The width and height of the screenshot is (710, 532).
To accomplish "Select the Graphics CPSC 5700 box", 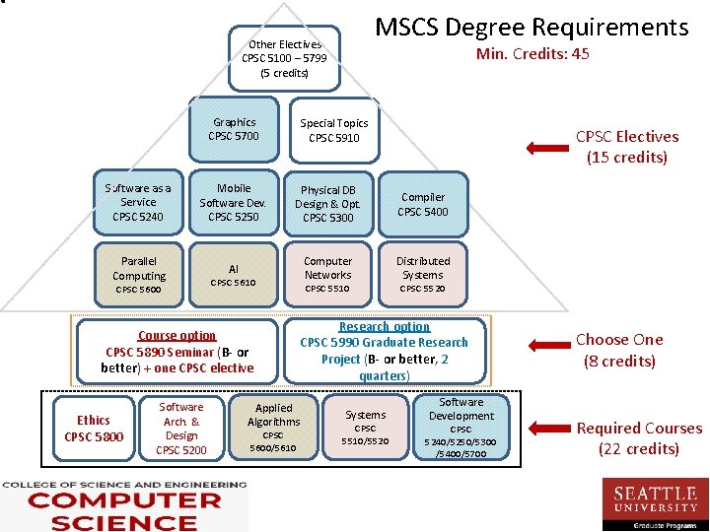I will [235, 130].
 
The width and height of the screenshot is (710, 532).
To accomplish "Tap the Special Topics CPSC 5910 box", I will [334, 131].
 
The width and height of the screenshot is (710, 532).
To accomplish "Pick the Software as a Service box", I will [138, 202].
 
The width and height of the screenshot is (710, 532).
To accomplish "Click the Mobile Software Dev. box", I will [234, 202].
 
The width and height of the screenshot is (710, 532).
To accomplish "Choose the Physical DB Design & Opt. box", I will [328, 203].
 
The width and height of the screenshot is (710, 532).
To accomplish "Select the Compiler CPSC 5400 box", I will [423, 204].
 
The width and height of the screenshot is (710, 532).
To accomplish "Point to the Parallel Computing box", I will [138, 275].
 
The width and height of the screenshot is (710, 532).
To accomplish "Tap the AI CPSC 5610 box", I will [234, 275].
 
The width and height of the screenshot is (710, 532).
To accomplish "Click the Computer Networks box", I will [328, 274].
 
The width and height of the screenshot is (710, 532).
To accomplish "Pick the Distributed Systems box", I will [423, 274].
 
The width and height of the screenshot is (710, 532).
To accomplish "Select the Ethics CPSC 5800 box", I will [94, 429].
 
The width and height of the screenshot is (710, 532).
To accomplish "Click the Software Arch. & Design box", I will [181, 429].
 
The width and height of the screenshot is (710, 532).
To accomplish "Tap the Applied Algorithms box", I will [273, 428].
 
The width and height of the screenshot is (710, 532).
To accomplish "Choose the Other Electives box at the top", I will [284, 58].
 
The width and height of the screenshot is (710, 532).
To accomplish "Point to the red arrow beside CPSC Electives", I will [546, 148].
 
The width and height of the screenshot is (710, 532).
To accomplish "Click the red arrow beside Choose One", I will [546, 346].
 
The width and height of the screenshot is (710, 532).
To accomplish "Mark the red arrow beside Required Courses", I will [546, 430].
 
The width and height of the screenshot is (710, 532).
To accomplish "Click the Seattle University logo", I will [655, 501].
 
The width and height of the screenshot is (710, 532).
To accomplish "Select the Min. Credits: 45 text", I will [532, 54].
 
